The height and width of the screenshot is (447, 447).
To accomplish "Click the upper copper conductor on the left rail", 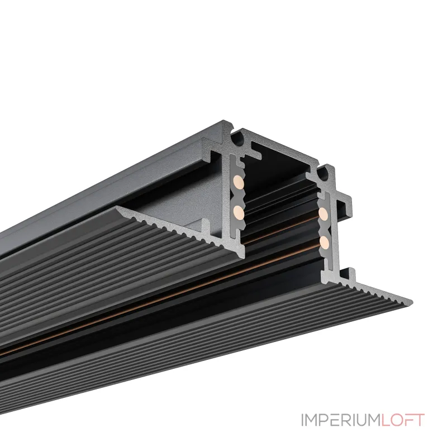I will click(239, 182).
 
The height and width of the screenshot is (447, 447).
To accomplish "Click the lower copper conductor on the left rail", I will click(239, 211).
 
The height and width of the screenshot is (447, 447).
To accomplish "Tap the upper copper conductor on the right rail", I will click(324, 214).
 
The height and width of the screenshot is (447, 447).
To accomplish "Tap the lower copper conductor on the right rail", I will click(324, 241).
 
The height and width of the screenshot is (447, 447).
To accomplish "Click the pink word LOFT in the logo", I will click(403, 420).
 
